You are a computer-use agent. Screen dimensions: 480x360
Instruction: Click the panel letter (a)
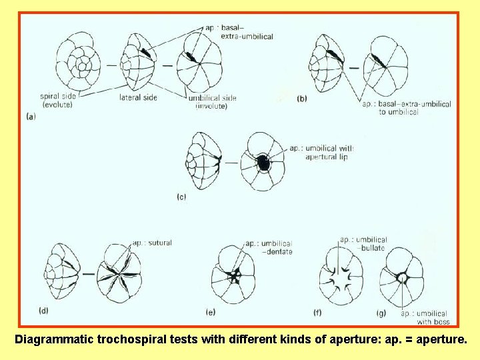coord(31,116)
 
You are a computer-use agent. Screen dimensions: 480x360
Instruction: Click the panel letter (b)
coord(302,98)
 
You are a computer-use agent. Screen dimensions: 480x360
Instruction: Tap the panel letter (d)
coord(43,309)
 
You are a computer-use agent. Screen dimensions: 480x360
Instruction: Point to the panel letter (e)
coord(211,311)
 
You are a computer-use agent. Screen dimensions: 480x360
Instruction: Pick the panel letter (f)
coord(318,312)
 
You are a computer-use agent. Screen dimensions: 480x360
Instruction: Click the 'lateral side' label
coord(138,97)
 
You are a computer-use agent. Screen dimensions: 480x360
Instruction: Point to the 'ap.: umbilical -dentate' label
coord(269,247)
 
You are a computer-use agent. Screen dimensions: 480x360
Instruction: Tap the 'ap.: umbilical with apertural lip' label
coord(322,152)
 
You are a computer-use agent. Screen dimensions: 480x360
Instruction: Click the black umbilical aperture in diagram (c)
coord(264,163)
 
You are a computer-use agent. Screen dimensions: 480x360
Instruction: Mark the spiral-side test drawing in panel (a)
coord(76,65)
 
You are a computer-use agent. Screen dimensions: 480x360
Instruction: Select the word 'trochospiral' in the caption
coord(127,339)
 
